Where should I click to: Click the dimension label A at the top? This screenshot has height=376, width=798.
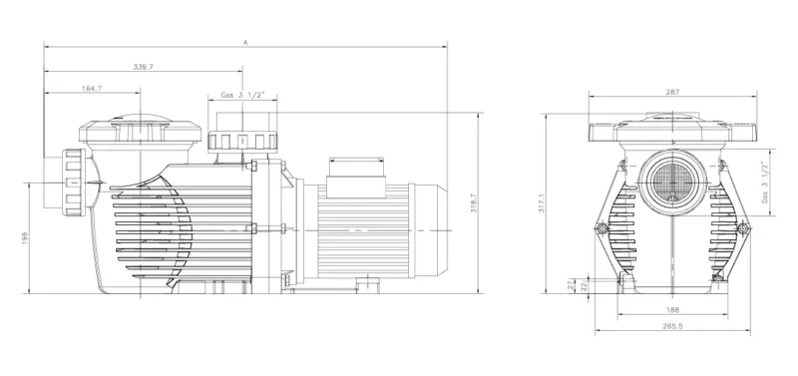[244, 43]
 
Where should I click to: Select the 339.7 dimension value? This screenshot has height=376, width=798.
[143, 67]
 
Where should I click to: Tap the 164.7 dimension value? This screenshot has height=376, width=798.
[92, 88]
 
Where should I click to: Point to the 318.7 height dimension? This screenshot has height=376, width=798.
[473, 203]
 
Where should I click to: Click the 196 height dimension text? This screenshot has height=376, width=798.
[24, 238]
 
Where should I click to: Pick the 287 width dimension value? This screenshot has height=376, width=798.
[672, 92]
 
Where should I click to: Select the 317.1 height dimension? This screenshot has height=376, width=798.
[542, 203]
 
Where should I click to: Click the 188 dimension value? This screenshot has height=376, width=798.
[672, 310]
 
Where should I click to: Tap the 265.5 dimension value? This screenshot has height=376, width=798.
[672, 326]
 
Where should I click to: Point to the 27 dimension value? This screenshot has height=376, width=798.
[571, 286]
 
